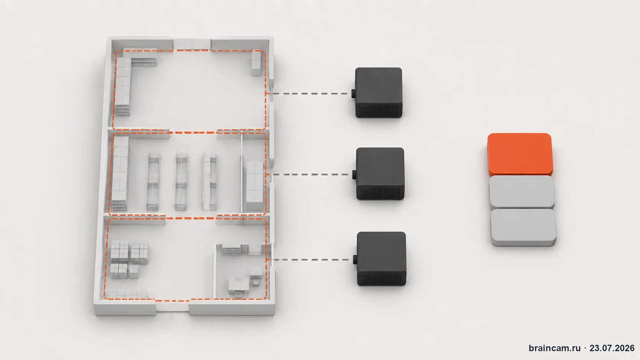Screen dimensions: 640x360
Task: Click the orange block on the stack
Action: [520, 155]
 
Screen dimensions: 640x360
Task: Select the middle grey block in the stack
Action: [522, 192]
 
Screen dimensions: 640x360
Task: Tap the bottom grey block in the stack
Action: [523, 227]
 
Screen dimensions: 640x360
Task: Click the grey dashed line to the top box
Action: [310, 93]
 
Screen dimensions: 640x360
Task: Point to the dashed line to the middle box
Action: [311, 174]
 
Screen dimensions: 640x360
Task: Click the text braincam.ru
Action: [555, 348]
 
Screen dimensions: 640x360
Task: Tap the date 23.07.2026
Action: [612, 348]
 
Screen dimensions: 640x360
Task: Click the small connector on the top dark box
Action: [353, 93]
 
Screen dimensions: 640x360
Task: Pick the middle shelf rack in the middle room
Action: [181, 182]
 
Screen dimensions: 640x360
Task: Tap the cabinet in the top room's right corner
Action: [256, 63]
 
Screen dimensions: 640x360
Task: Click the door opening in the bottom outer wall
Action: [172, 307]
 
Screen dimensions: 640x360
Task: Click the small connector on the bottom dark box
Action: [355, 260]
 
